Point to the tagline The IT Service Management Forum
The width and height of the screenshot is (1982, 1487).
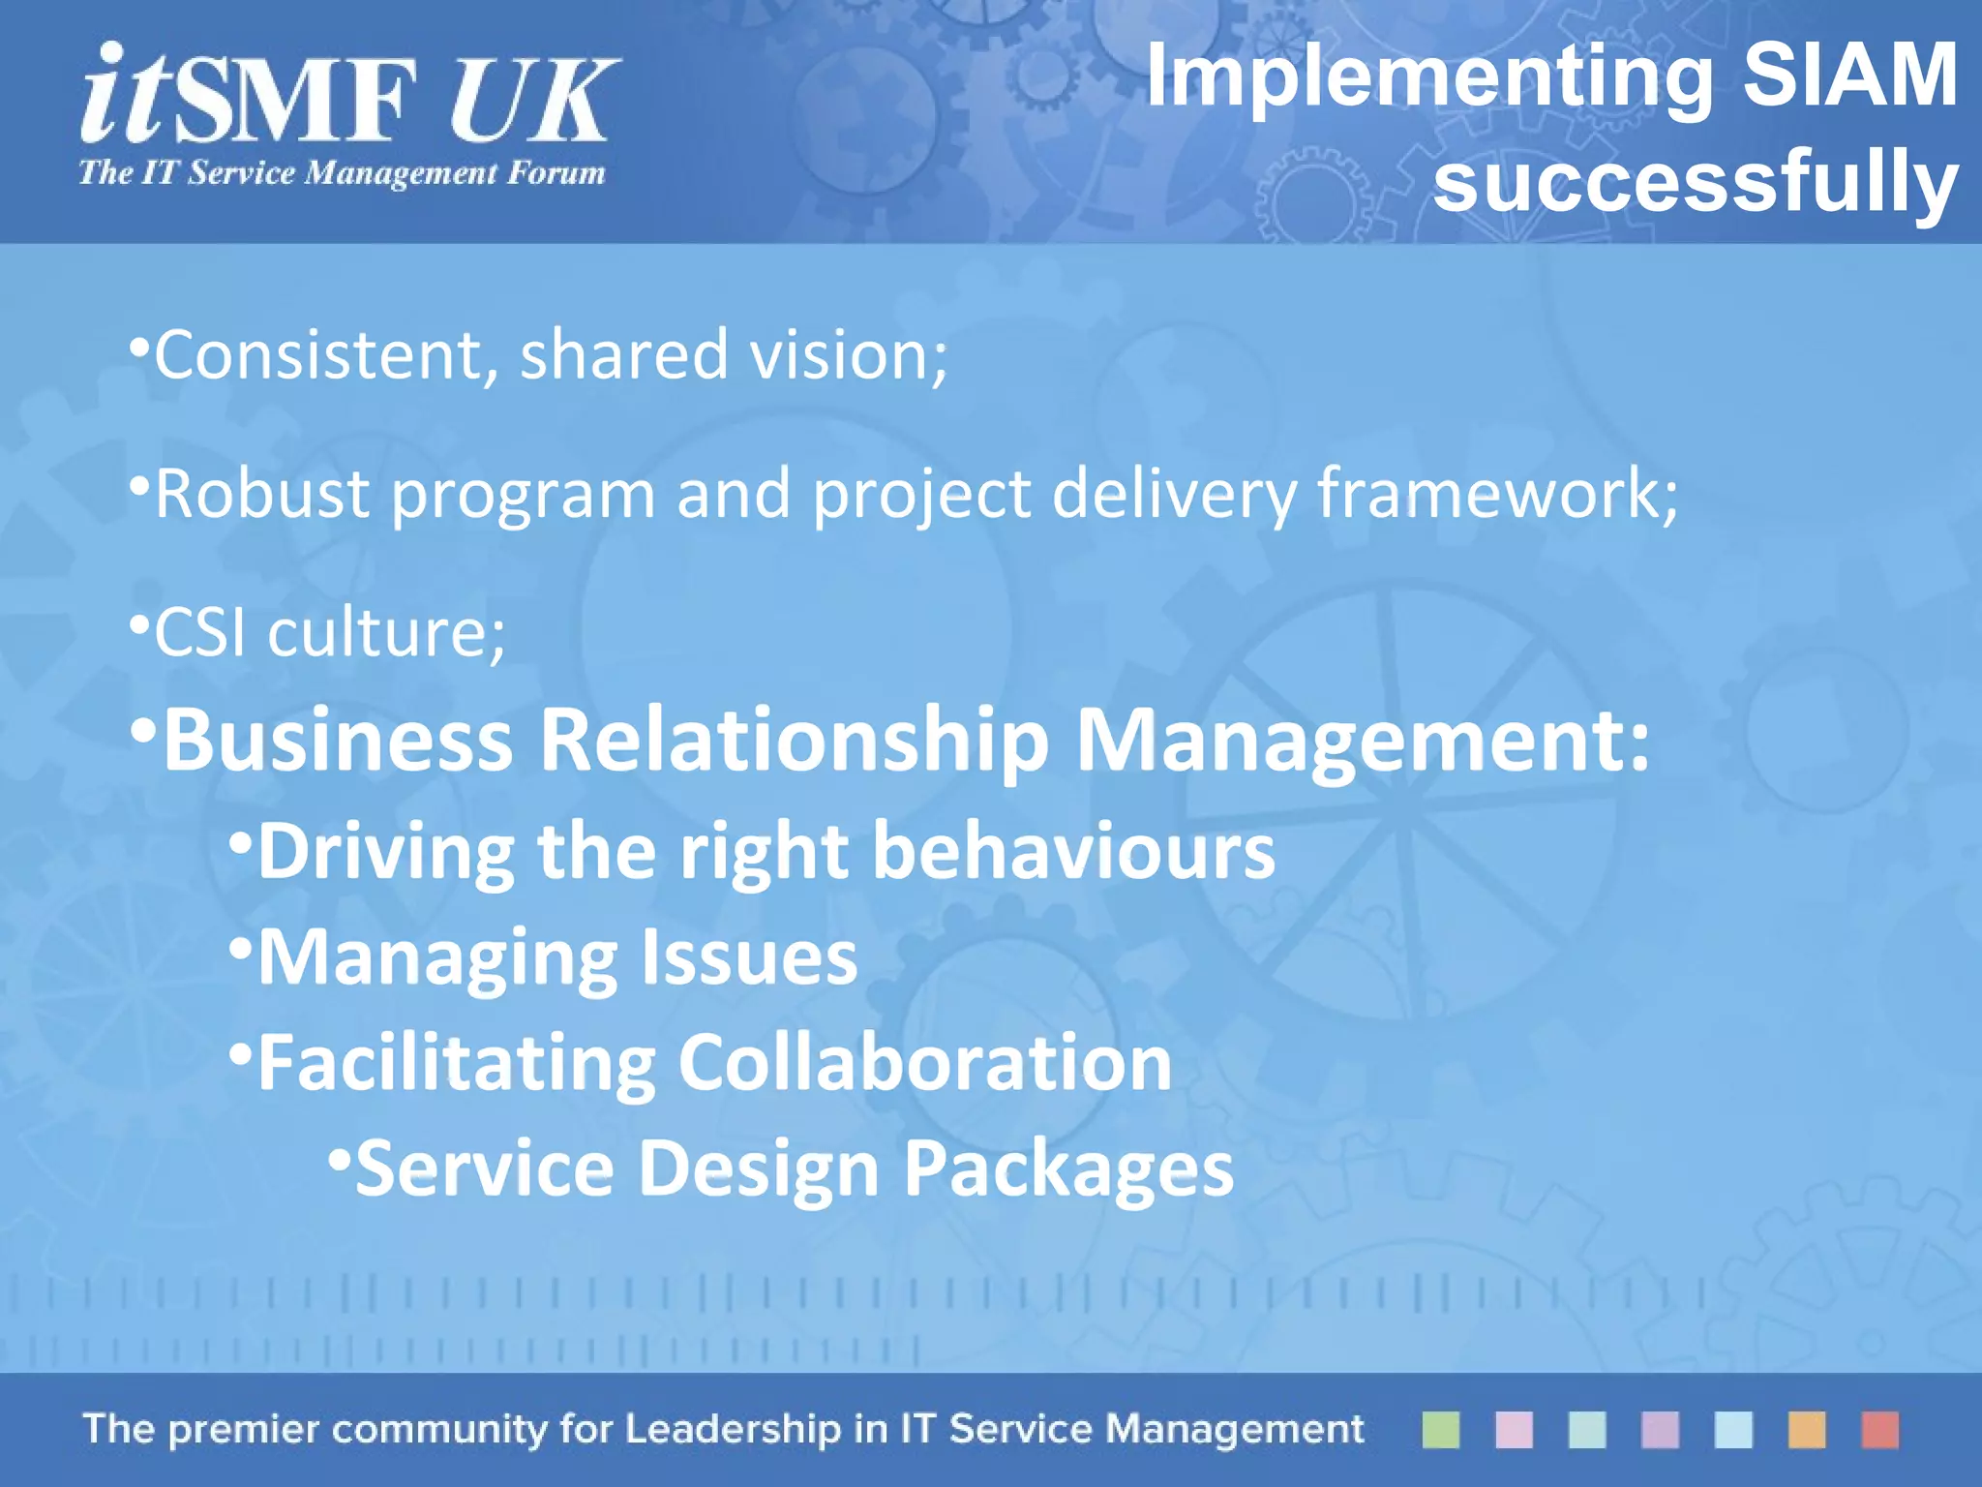342,173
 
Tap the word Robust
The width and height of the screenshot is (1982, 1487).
262,494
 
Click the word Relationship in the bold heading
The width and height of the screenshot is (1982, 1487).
794,741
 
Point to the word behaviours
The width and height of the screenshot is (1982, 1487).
1073,851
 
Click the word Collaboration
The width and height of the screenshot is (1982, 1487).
924,1063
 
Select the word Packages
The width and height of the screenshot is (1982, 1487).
1068,1168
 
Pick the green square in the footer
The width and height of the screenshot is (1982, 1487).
1440,1429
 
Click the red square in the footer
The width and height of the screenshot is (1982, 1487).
1879,1429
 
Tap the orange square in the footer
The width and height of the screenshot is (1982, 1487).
1806,1429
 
